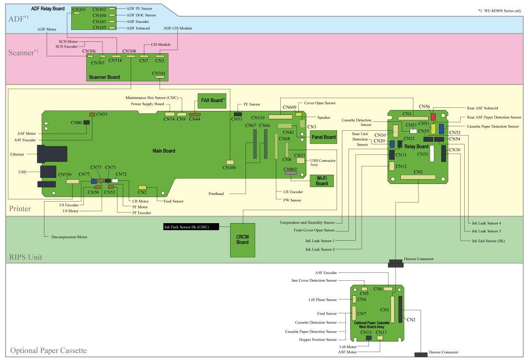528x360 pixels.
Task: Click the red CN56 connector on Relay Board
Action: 433,117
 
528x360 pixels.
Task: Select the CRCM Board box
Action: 242,239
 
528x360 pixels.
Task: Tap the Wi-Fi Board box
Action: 322,181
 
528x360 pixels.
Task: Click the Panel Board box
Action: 323,137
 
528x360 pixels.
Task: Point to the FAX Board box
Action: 212,100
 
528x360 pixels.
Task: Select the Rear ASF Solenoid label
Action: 482,108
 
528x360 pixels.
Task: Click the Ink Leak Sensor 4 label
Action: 486,223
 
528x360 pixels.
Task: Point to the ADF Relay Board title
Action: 48,9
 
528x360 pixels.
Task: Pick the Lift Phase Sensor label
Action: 323,300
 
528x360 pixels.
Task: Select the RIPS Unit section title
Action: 26,257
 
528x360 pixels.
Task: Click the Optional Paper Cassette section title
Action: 48,351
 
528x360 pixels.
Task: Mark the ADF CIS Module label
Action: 177,28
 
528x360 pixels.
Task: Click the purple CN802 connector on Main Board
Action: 290,173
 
